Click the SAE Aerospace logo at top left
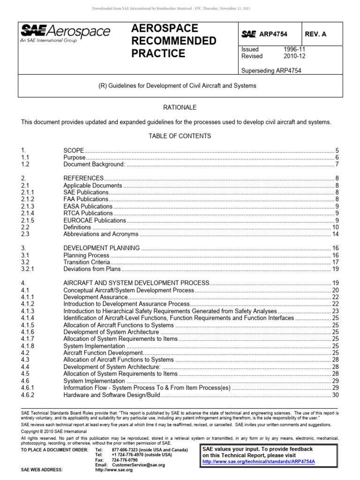click(65, 34)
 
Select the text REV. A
click(316, 34)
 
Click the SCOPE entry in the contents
click(74, 150)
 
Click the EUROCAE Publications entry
click(95, 220)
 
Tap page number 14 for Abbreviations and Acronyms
click(335, 234)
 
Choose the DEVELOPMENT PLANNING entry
click(101, 248)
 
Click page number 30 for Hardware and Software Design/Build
click(335, 395)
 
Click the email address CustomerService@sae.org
click(138, 465)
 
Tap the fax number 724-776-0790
click(125, 460)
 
